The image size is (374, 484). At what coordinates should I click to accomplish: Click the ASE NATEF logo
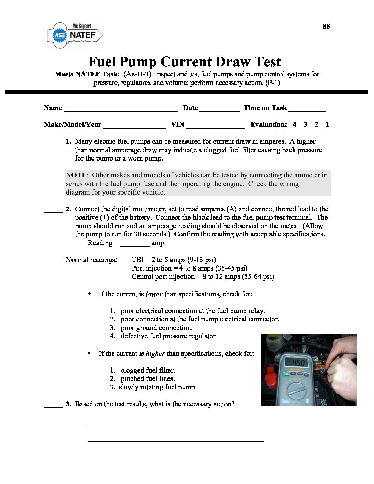(75, 35)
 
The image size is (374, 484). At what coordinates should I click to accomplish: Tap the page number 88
(326, 26)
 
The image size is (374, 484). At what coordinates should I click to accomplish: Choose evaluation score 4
(294, 125)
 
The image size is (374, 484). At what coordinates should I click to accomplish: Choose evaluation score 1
(327, 125)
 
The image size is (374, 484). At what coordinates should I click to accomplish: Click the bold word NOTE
(77, 175)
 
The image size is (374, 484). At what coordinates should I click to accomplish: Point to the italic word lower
(154, 294)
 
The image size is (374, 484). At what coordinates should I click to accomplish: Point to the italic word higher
(155, 354)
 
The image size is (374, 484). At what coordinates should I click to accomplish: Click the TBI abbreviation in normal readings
(137, 260)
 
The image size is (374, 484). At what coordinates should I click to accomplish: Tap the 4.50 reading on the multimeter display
(298, 363)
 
